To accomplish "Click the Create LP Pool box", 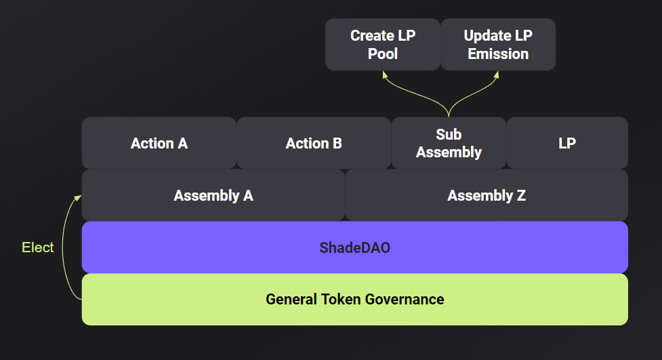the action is [x=383, y=44].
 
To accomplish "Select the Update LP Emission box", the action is [x=498, y=44].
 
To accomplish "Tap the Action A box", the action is [x=159, y=143].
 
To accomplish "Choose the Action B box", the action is [x=314, y=143].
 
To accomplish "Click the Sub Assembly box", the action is [x=449, y=143].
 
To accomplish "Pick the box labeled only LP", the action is [x=567, y=143].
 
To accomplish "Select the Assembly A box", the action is [x=213, y=195].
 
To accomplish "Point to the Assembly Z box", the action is [x=487, y=195].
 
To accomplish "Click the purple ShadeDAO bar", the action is [x=355, y=247].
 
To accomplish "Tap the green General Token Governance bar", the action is [x=355, y=299].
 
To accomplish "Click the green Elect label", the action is [x=37, y=247].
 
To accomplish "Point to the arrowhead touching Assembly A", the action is [x=78, y=198].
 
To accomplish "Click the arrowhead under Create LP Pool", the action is [x=385, y=75].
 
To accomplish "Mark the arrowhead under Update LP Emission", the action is [x=497, y=75].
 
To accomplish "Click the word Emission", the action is [x=498, y=54].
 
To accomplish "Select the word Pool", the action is [x=383, y=54].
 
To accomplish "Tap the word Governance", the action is [x=405, y=299].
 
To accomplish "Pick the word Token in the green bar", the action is [x=340, y=299].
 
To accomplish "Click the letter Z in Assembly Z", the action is [x=522, y=195].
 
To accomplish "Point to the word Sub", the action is [x=449, y=134].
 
